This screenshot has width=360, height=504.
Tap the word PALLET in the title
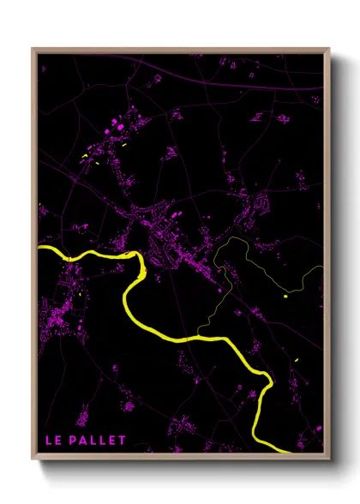click(99, 441)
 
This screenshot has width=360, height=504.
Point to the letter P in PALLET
click(75, 441)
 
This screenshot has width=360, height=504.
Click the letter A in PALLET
click(84, 441)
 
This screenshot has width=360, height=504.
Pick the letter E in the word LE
click(57, 441)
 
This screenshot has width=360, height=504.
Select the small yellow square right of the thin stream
click(285, 297)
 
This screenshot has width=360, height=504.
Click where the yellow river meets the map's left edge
click(40, 249)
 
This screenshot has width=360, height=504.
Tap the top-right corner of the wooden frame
click(328, 50)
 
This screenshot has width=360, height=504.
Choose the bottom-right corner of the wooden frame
click(328, 456)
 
